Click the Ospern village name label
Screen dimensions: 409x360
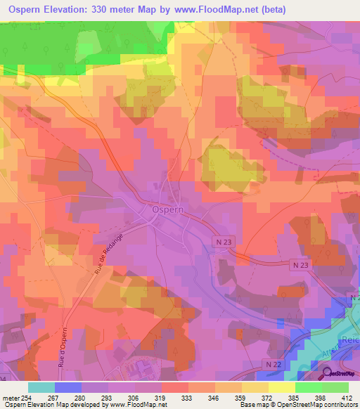(x=167, y=209)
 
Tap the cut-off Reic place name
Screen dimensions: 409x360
(x=350, y=340)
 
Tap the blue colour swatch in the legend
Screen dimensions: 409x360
(x=67, y=387)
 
